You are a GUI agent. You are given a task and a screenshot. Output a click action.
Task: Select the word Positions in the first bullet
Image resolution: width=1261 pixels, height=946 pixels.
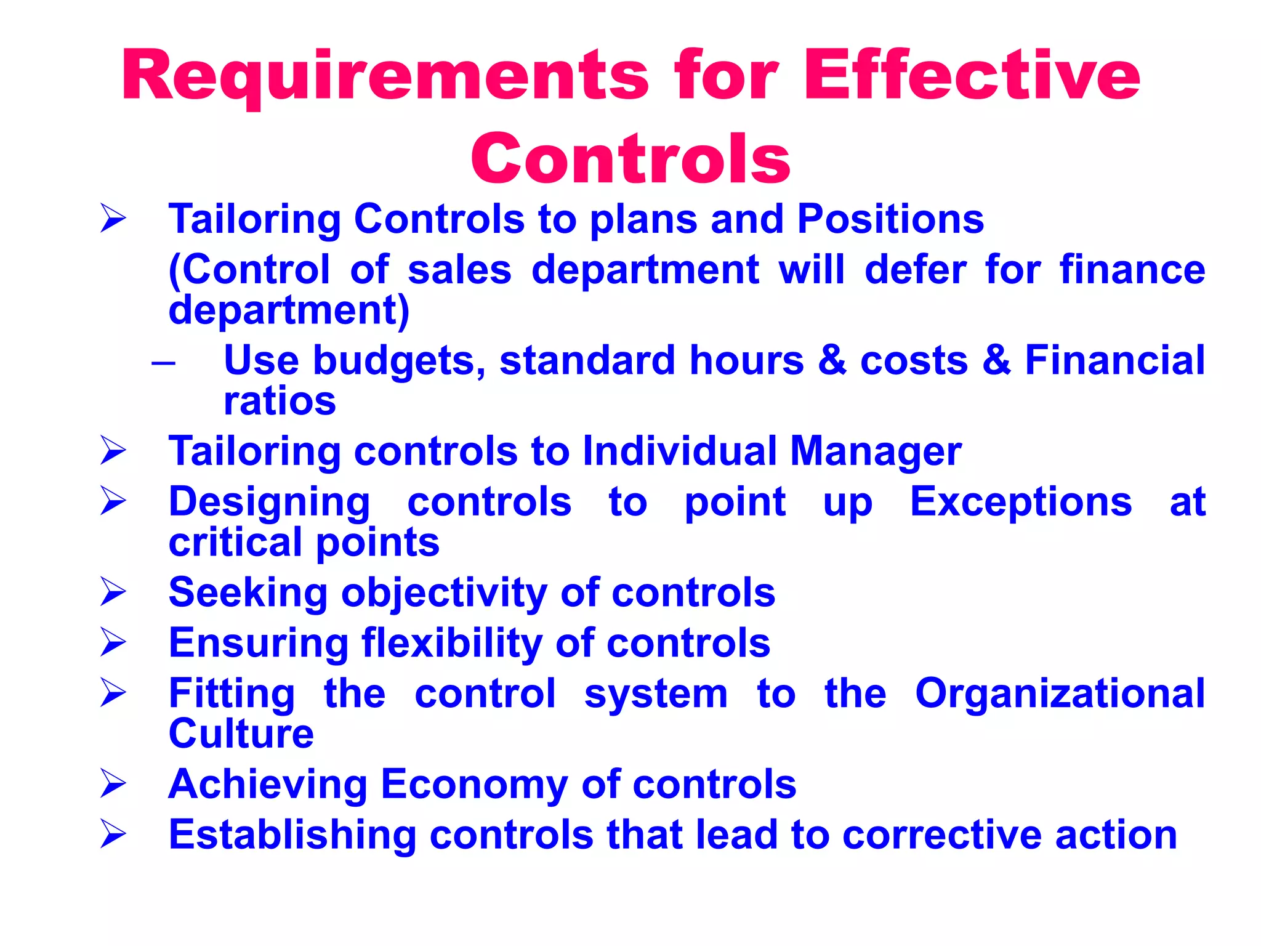890,219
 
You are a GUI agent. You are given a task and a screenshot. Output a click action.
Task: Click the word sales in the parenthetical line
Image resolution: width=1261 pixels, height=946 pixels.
459,270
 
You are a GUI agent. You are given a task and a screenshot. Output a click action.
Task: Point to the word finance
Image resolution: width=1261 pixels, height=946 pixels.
1132,270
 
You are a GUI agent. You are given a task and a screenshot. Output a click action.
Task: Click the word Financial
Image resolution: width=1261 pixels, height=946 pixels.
1114,360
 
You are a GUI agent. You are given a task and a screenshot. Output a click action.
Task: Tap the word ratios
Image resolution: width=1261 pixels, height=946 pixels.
280,402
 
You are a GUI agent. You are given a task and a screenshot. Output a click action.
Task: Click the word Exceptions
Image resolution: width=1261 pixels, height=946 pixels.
1021,502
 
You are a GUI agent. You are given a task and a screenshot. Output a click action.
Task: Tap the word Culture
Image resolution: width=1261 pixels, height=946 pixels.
241,734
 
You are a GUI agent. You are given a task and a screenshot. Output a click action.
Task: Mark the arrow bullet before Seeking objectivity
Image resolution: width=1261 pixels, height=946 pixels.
113,592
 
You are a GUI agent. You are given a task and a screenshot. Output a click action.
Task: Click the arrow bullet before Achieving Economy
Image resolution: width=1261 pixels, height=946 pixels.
113,785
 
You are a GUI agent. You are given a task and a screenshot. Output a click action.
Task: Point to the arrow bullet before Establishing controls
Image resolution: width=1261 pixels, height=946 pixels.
113,835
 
